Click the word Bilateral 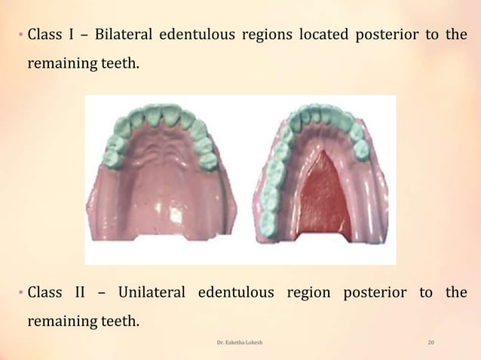point(122,35)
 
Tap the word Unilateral point(151,292)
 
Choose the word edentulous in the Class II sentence point(234,292)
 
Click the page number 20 point(430,343)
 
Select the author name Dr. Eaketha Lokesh point(240,343)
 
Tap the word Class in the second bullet point(45,292)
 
